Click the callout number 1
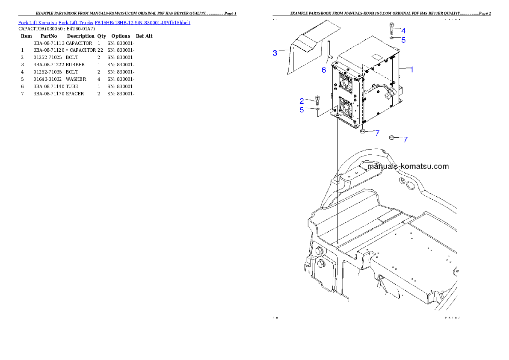coord(411,69)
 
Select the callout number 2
coord(302,101)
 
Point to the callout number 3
coord(275,53)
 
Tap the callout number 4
coord(403,31)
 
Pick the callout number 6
coord(324,70)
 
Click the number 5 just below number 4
coord(403,40)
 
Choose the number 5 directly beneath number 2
coord(302,110)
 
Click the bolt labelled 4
coord(392,28)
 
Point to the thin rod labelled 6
coord(329,51)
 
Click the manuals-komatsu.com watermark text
coord(408,166)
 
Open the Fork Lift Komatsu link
coord(37,22)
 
